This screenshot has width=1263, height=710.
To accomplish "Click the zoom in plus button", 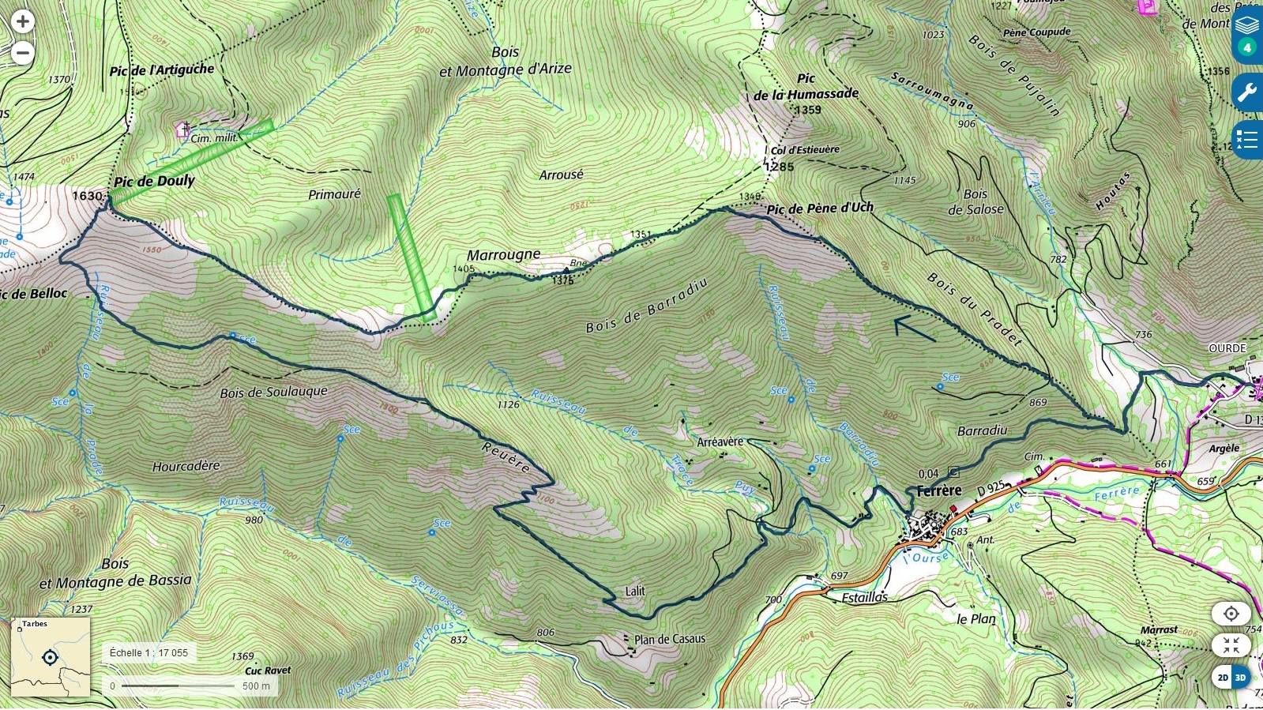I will pyautogui.click(x=22, y=21).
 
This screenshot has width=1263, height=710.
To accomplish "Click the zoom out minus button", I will pyautogui.click(x=22, y=53).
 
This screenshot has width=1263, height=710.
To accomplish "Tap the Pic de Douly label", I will pyautogui.click(x=154, y=181).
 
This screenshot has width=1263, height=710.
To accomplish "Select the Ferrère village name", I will pyautogui.click(x=938, y=490).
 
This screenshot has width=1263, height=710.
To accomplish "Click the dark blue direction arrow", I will pyautogui.click(x=915, y=328).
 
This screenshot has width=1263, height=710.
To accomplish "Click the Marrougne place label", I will pyautogui.click(x=503, y=255).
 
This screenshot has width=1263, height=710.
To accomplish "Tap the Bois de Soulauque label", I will pyautogui.click(x=273, y=393).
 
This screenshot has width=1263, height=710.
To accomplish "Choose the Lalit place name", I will pyautogui.click(x=635, y=591).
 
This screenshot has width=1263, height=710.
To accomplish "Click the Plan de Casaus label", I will pyautogui.click(x=670, y=639).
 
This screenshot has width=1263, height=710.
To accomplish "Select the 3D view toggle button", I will pyautogui.click(x=1240, y=677).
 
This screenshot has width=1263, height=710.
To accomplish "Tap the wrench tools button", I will pyautogui.click(x=1246, y=93).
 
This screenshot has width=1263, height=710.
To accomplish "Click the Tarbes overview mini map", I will pyautogui.click(x=51, y=657).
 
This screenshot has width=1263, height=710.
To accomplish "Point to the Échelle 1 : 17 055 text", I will pyautogui.click(x=148, y=653).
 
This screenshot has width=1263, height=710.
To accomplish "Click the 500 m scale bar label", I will pyautogui.click(x=256, y=686).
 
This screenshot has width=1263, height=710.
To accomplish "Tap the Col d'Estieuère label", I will pyautogui.click(x=805, y=150).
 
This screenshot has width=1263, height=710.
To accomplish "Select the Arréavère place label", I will pyautogui.click(x=720, y=442).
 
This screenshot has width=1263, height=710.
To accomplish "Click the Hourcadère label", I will pyautogui.click(x=186, y=466).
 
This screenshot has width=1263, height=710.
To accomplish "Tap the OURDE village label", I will pyautogui.click(x=1227, y=348).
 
